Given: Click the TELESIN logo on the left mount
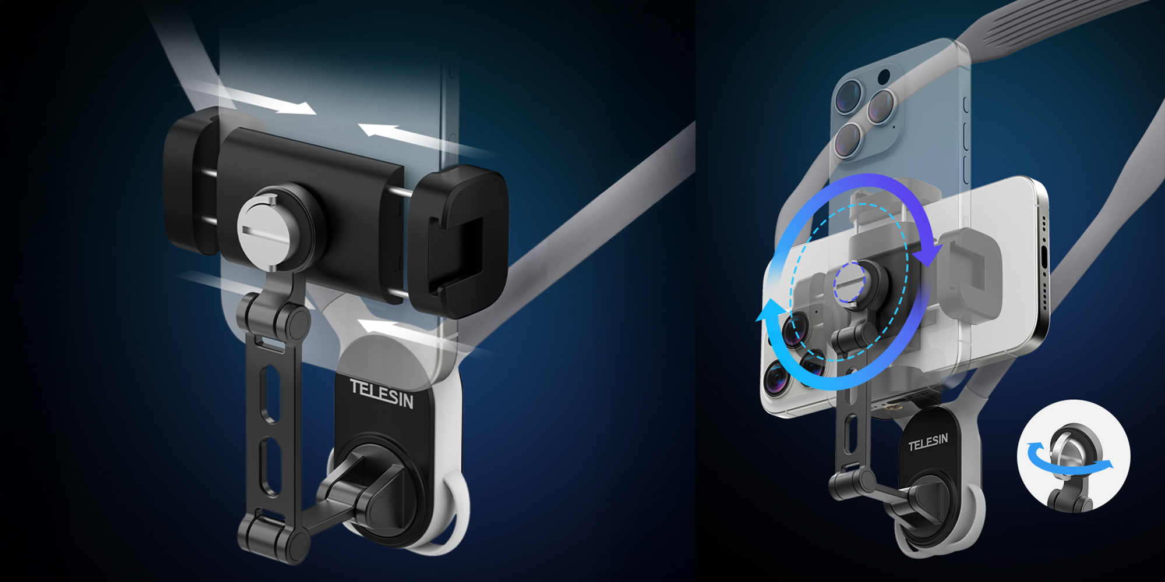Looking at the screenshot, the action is click(x=382, y=393).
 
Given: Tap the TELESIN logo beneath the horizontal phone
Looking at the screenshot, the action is click(x=928, y=442).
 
